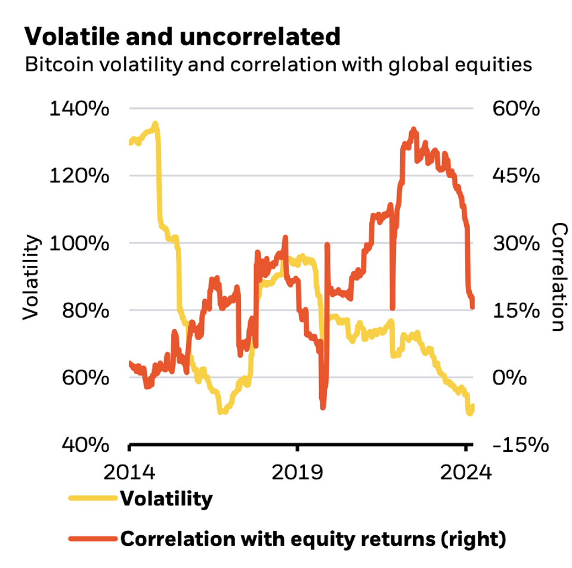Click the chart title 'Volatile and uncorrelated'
[x=182, y=36]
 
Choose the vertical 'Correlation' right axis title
[x=558, y=277]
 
